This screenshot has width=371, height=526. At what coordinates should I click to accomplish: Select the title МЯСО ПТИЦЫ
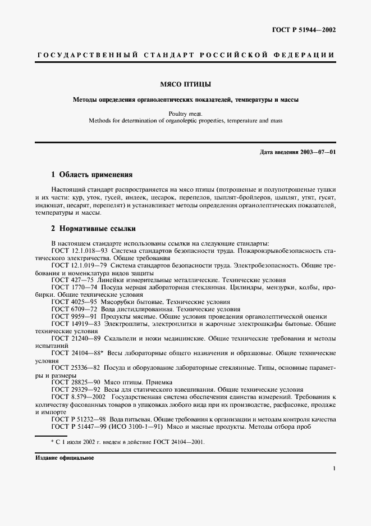pos(186,85)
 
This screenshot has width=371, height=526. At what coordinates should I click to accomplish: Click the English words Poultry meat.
pos(186,113)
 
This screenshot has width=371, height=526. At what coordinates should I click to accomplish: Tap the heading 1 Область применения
pos(92,175)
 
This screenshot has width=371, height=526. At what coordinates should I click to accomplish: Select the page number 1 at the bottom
pos(334,469)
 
